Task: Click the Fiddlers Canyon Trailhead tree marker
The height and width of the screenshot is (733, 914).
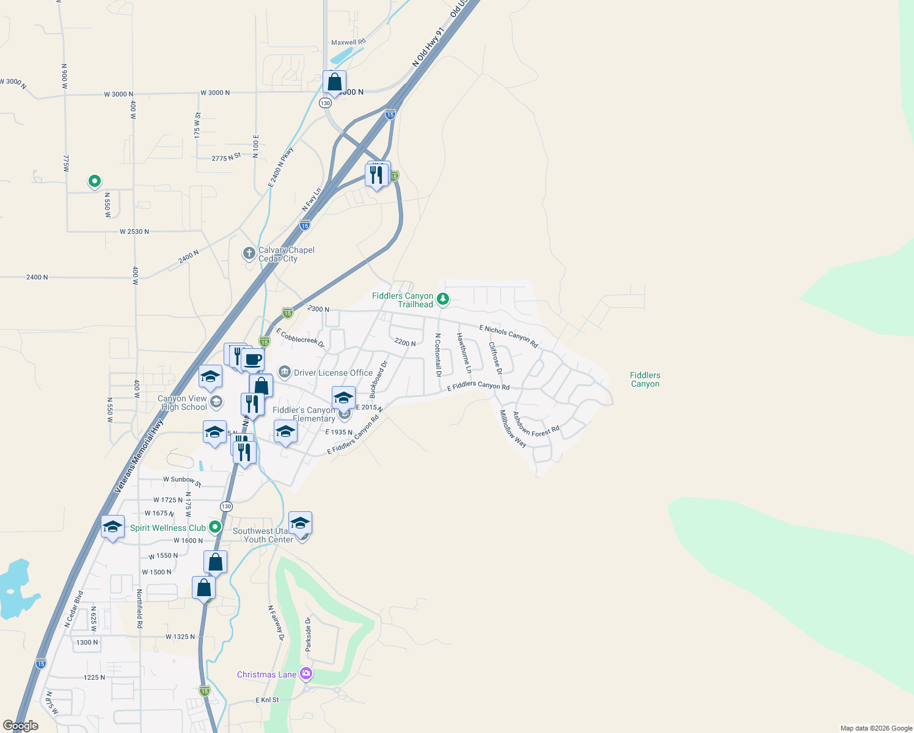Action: (443, 299)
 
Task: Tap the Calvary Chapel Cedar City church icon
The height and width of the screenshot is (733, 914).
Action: (249, 253)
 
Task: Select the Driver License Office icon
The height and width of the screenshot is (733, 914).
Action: (284, 372)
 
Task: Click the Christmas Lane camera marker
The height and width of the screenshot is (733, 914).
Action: (306, 674)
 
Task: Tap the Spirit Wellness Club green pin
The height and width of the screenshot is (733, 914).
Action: (214, 527)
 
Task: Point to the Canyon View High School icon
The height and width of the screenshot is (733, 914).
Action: (216, 402)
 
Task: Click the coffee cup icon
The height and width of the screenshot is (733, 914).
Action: (252, 360)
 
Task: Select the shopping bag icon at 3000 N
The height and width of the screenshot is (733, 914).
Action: (334, 82)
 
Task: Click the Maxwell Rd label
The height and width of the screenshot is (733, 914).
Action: (348, 42)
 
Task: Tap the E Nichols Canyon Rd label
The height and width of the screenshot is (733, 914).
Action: (508, 337)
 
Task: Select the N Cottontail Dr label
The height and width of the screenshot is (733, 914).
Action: (438, 354)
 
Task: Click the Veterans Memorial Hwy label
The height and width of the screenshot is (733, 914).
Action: (139, 456)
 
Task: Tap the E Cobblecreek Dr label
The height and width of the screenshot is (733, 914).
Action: (300, 338)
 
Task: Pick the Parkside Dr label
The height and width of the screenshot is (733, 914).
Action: (309, 634)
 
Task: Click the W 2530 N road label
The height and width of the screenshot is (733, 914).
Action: (134, 232)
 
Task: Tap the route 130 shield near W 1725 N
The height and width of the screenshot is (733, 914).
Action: (226, 506)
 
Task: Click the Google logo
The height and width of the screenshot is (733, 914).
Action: (21, 726)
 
